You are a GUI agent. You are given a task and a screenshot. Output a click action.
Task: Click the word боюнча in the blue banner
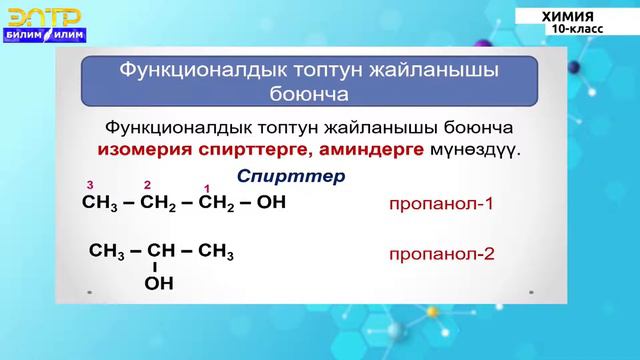309,97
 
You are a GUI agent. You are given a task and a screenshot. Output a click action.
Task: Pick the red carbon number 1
206,188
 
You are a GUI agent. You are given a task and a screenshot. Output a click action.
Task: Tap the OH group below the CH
159,284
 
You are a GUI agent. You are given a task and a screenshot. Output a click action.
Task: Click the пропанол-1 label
443,204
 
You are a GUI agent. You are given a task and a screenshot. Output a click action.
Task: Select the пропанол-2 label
443,253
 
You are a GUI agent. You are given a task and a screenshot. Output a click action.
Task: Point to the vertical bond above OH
155,268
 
